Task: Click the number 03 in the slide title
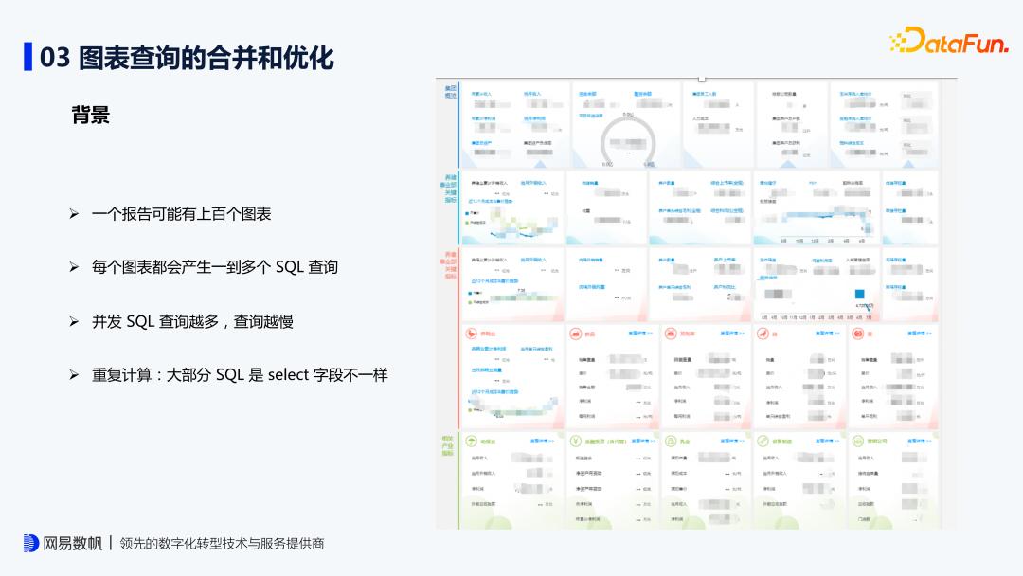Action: coord(55,58)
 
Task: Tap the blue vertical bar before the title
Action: coord(28,57)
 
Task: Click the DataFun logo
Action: coord(949,41)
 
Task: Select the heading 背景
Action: coord(91,115)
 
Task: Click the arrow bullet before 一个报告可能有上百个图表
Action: coord(73,214)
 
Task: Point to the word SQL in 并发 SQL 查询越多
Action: coord(140,321)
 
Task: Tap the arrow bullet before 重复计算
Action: coord(73,375)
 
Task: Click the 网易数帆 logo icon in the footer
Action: coord(31,543)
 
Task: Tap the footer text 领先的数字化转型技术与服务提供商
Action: coord(222,544)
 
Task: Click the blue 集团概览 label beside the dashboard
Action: coord(450,92)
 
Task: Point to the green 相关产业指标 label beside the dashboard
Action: coord(448,446)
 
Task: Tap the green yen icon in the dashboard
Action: coord(576,441)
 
